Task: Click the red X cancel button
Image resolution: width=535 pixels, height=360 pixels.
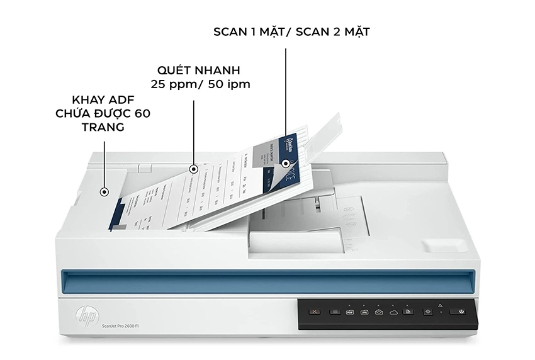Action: (315, 312)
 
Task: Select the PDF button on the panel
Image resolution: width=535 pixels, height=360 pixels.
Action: (350, 312)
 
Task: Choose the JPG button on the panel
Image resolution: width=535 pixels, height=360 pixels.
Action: (364, 312)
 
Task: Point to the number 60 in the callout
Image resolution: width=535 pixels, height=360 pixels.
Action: (142, 114)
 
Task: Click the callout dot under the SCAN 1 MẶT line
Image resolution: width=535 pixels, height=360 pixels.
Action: (286, 163)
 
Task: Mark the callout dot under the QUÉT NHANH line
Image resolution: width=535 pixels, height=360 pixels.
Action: (194, 169)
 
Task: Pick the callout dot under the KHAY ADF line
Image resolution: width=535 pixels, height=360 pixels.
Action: (104, 193)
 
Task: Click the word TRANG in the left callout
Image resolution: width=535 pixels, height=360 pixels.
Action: (103, 127)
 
